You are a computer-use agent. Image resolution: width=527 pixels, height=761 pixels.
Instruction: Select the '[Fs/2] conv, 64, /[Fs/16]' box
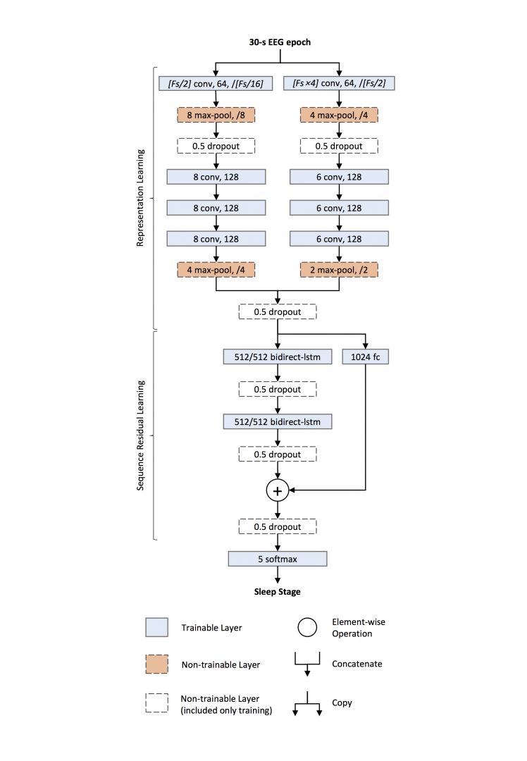(x=216, y=84)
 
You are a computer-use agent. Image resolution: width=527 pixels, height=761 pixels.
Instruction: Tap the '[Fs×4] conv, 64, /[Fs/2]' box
(x=339, y=84)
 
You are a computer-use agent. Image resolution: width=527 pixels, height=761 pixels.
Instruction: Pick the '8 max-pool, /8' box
(x=216, y=115)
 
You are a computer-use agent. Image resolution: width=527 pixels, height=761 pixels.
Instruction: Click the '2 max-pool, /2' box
(x=339, y=270)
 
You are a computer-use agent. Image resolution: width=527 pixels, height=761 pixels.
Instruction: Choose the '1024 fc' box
(x=366, y=357)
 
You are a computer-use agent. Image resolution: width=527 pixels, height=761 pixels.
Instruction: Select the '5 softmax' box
(x=278, y=559)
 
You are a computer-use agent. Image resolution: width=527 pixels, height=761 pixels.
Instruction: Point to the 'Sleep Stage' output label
(x=278, y=591)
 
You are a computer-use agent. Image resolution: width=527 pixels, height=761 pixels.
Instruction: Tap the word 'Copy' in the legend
(x=342, y=703)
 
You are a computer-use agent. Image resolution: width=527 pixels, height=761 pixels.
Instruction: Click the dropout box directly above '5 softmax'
(x=278, y=527)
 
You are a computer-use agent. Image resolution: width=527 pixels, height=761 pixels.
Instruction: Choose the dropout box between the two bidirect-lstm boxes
(x=278, y=390)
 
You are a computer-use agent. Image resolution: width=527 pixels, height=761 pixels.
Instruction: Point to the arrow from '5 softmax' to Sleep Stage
(x=278, y=575)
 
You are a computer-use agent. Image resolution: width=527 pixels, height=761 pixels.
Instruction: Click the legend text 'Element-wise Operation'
(x=359, y=628)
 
